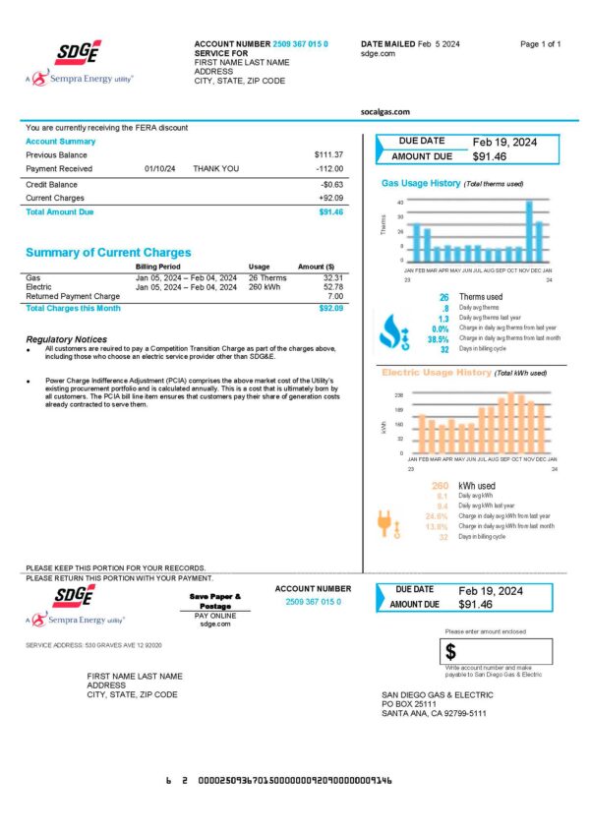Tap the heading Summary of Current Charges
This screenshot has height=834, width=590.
(108, 252)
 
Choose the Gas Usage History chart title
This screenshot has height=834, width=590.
(420, 184)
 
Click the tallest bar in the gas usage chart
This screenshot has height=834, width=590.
(529, 230)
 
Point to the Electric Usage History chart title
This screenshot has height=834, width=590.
(436, 374)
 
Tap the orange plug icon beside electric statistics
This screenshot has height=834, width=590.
(388, 523)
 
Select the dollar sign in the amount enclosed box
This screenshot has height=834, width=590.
(450, 652)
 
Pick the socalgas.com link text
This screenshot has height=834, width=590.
(386, 113)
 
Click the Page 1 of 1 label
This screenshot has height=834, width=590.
(540, 45)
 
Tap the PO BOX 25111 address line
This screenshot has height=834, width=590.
(408, 704)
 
